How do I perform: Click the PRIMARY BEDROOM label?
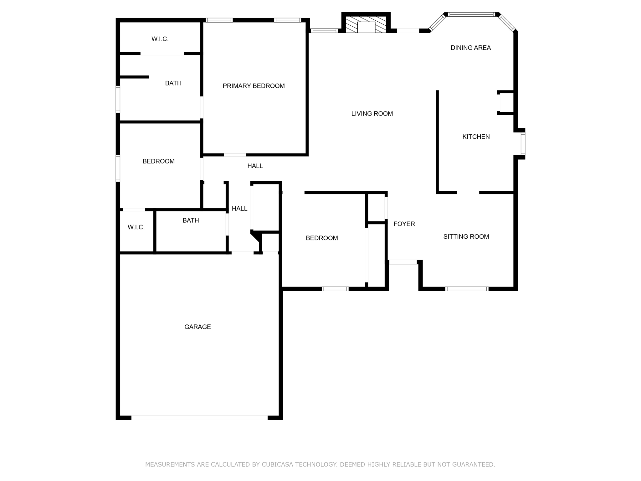[254, 86]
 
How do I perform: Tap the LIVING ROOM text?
[372, 114]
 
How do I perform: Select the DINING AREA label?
[470, 48]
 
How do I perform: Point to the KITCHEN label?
[476, 137]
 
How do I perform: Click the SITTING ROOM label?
[466, 236]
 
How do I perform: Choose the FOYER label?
[404, 224]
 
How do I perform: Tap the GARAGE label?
[197, 327]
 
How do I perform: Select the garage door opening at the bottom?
[199, 417]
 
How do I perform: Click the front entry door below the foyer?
[403, 262]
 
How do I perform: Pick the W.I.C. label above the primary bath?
[160, 39]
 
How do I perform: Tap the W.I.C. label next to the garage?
[136, 227]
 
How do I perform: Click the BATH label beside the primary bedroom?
[173, 83]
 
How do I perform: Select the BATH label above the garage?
[191, 220]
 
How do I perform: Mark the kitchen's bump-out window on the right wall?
[523, 144]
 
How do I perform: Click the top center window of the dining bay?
[471, 14]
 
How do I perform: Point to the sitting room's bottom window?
[467, 289]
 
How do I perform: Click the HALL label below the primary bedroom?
[255, 166]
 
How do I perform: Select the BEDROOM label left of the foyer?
[321, 238]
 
